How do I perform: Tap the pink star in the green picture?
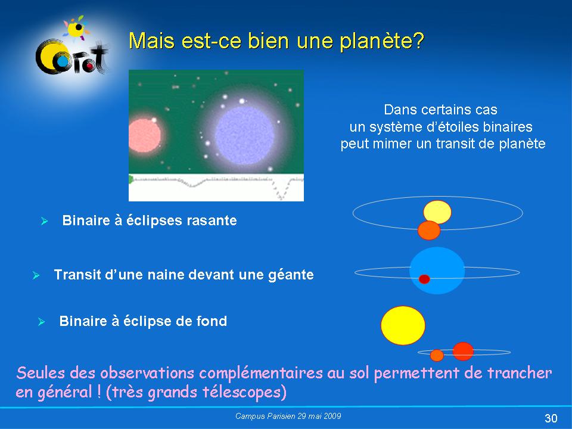(x=144, y=135)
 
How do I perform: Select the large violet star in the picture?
(x=244, y=135)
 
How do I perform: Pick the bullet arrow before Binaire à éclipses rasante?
(x=44, y=220)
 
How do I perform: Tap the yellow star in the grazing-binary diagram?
(x=437, y=212)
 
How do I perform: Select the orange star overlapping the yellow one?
(x=429, y=231)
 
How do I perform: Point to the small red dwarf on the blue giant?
(x=424, y=279)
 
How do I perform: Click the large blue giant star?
(x=437, y=271)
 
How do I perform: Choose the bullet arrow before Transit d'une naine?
(x=36, y=275)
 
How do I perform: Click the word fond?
(x=212, y=321)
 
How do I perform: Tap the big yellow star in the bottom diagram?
(x=403, y=325)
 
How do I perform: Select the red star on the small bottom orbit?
(x=463, y=352)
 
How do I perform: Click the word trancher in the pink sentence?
(x=520, y=373)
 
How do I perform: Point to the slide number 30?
(x=551, y=418)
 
